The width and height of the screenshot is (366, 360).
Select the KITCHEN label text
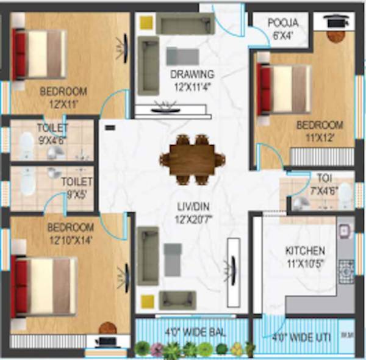click(305, 251)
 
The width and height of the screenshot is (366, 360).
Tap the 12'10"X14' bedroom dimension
click(70, 239)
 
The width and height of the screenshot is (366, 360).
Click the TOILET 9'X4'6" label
click(52, 132)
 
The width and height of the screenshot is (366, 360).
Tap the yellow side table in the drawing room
click(146, 22)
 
